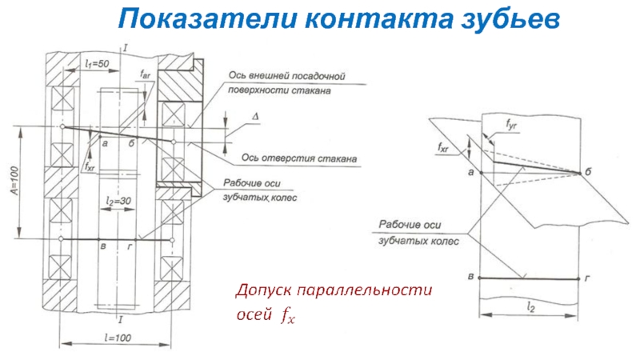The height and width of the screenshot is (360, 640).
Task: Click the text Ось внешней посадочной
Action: point(298,76)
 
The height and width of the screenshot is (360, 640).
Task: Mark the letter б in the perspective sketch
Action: point(588,173)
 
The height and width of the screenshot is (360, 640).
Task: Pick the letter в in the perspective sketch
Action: point(470,276)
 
